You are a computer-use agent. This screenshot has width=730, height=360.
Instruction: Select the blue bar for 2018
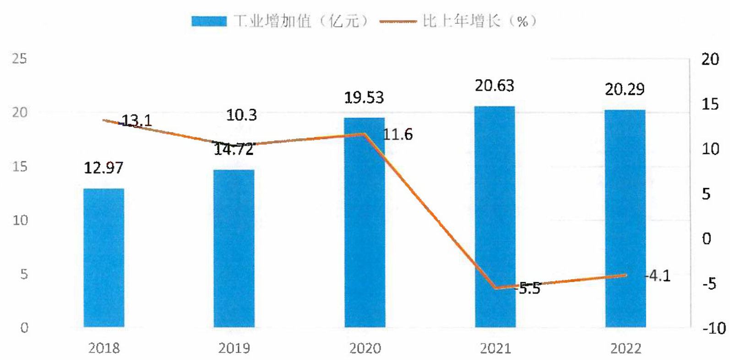104,258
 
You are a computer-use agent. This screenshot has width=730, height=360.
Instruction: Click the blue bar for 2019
234,248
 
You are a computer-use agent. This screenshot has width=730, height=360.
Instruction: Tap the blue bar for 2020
365,222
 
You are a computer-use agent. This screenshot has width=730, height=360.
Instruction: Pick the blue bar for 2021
495,217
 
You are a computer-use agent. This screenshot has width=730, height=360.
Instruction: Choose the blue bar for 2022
626,218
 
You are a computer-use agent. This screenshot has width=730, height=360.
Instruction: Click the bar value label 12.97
104,168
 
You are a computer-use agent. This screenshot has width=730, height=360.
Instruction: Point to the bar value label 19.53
364,98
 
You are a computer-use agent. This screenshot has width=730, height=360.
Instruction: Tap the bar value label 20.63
495,86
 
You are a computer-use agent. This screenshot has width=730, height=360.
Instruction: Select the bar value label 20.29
625,90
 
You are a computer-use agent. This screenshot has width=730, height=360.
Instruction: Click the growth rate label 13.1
136,120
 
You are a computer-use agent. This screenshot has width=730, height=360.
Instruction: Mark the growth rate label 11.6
398,134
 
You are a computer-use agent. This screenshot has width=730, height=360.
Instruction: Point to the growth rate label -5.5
527,289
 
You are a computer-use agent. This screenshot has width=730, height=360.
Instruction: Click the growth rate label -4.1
658,276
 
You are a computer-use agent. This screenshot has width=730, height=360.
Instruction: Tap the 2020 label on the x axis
365,349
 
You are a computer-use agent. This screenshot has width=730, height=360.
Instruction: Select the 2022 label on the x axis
626,349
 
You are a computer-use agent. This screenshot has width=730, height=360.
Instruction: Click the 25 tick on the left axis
19,59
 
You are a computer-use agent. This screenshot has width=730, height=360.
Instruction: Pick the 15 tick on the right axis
710,104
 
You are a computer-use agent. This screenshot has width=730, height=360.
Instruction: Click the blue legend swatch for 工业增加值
209,22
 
